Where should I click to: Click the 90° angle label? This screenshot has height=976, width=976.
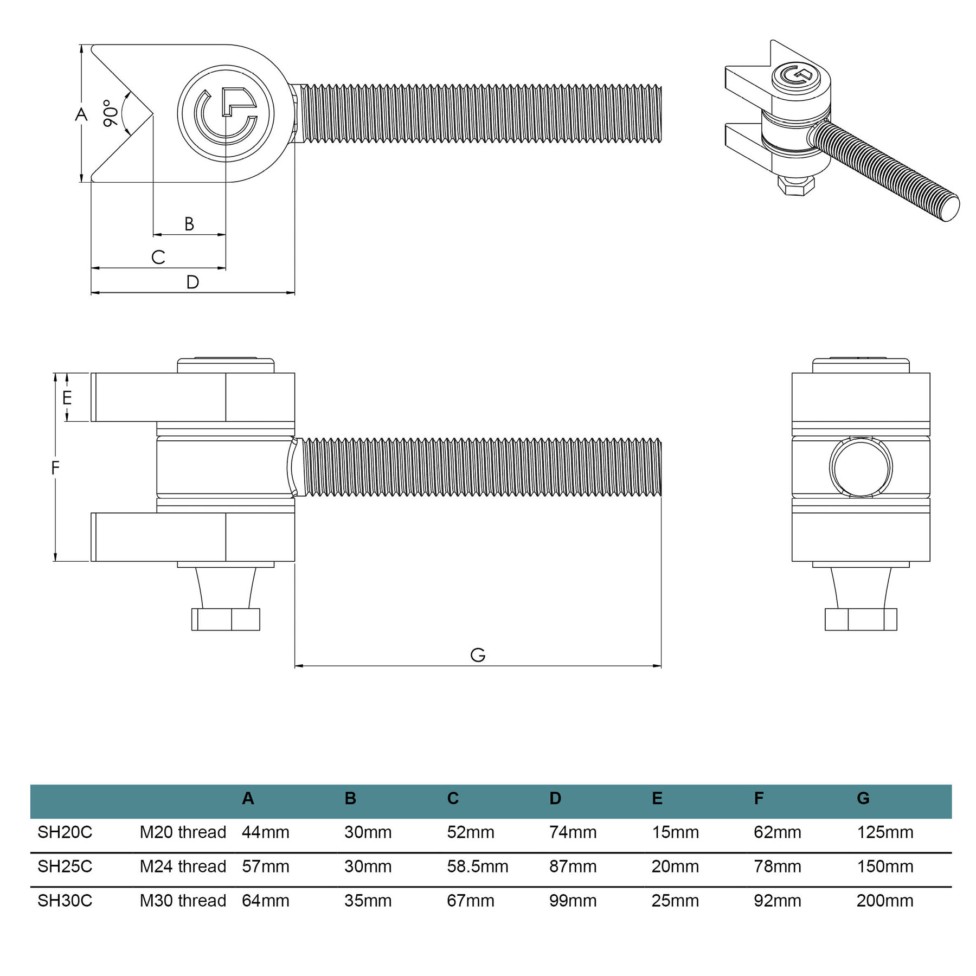pyautogui.click(x=110, y=113)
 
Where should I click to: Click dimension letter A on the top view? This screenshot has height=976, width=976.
pyautogui.click(x=81, y=114)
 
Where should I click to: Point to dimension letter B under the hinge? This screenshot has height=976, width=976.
pyautogui.click(x=189, y=224)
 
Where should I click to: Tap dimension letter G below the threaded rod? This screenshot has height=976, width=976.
pyautogui.click(x=478, y=655)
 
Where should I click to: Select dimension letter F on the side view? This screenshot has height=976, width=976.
pyautogui.click(x=55, y=467)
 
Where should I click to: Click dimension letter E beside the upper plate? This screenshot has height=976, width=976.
pyautogui.click(x=67, y=398)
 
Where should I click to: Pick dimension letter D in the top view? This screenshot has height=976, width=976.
pyautogui.click(x=192, y=282)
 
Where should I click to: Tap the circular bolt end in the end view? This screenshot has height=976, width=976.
pyautogui.click(x=861, y=467)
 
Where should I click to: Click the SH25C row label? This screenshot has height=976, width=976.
pyautogui.click(x=65, y=866)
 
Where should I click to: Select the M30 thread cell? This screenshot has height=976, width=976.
pyautogui.click(x=183, y=901)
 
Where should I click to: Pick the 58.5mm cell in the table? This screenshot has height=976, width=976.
pyautogui.click(x=477, y=866)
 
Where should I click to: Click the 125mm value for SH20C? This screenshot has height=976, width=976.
pyautogui.click(x=885, y=832)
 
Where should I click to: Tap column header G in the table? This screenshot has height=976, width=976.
pyautogui.click(x=863, y=798)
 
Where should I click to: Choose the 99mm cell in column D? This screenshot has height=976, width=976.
pyautogui.click(x=573, y=901)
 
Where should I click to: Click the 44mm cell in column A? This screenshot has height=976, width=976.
pyautogui.click(x=265, y=832)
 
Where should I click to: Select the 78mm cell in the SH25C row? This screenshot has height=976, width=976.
pyautogui.click(x=777, y=866)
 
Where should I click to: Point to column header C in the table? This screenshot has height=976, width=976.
pyautogui.click(x=453, y=798)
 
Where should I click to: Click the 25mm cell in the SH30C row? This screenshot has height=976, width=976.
pyautogui.click(x=675, y=901)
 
